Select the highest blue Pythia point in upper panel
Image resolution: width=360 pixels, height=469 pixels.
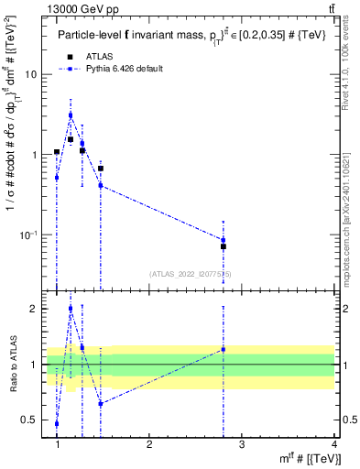click(71, 115)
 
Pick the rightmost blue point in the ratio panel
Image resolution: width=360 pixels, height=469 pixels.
click(224, 349)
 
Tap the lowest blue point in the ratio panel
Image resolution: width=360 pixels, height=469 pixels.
click(57, 424)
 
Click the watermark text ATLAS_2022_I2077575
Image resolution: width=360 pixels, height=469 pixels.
click(191, 273)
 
